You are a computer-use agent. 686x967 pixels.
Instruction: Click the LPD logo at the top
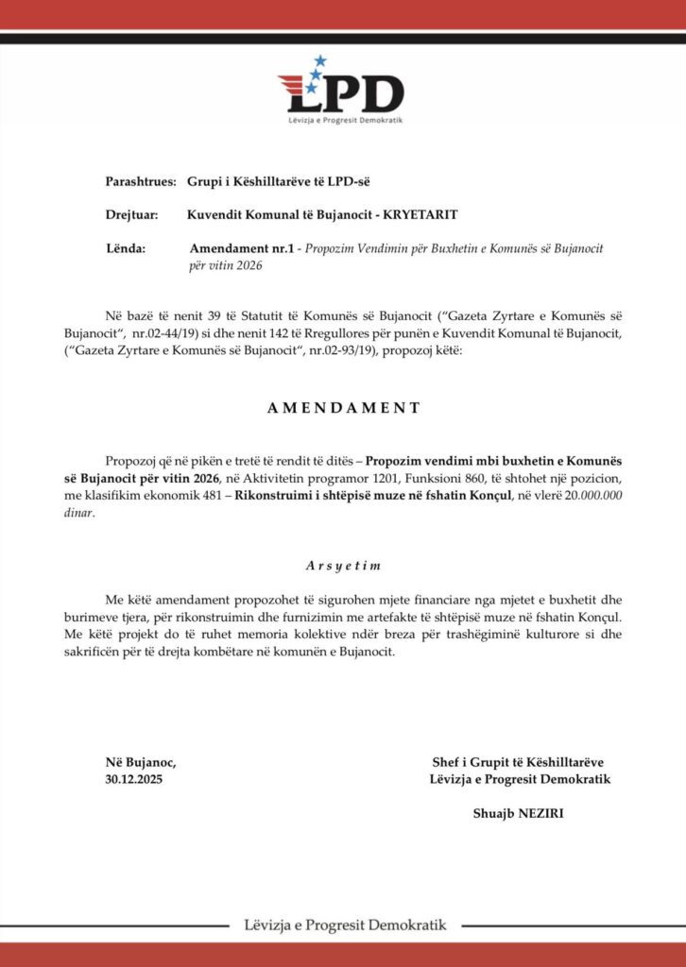click(x=342, y=93)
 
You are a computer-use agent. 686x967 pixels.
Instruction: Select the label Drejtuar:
click(x=131, y=214)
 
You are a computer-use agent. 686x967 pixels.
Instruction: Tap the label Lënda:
click(x=127, y=248)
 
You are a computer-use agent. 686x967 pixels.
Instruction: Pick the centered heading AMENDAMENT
click(x=343, y=408)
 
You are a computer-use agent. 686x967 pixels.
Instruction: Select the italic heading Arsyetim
click(x=343, y=565)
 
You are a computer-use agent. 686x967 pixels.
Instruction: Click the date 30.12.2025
click(x=140, y=779)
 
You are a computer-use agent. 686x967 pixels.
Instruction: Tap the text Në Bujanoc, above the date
click(x=141, y=762)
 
